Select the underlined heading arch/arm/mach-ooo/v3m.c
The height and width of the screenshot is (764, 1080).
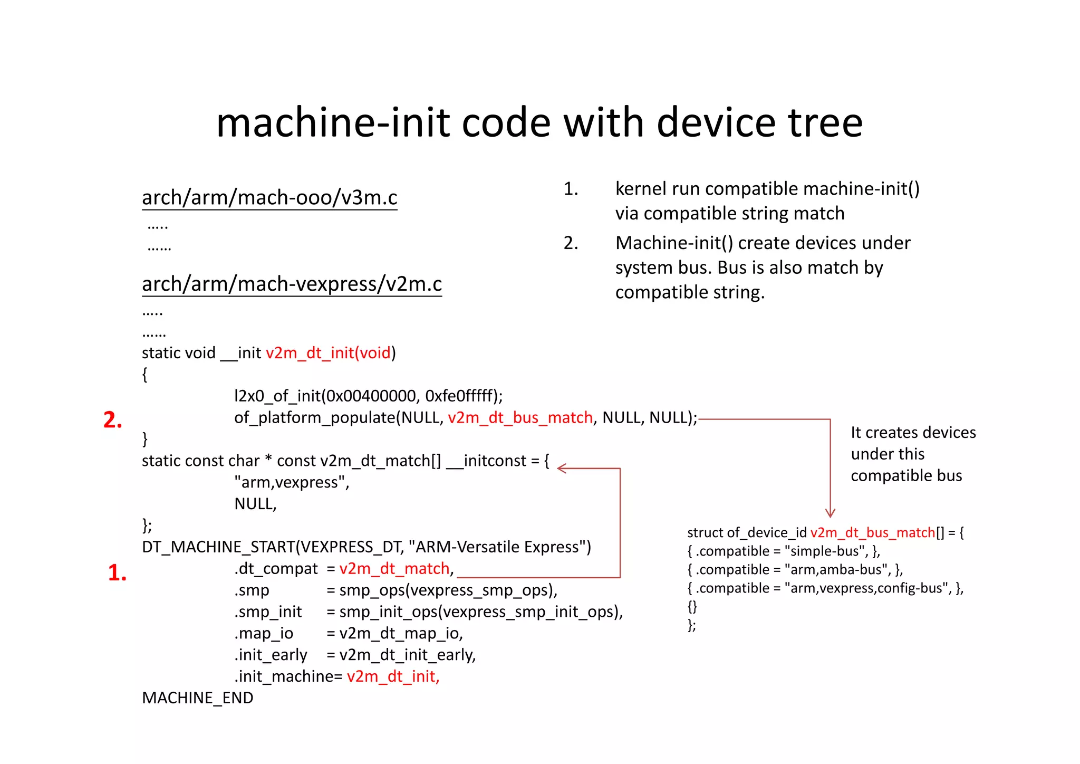(269, 197)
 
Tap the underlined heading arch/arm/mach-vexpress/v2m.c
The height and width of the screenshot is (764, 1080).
(292, 284)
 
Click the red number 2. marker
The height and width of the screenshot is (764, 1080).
(113, 420)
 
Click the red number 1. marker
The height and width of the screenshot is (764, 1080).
(117, 573)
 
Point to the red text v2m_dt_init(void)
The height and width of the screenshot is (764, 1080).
(329, 352)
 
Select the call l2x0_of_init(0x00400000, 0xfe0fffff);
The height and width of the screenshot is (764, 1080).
(368, 396)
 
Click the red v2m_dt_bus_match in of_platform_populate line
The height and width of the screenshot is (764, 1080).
(520, 418)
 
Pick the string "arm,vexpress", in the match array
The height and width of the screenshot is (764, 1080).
(292, 482)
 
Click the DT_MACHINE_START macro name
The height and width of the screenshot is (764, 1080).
(217, 547)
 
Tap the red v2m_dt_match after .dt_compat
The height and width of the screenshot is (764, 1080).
(394, 569)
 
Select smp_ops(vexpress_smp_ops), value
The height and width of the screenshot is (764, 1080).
(448, 590)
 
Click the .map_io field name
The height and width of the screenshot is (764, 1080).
(264, 633)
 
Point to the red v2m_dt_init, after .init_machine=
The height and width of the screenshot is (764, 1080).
(393, 676)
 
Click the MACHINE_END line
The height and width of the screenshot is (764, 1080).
(198, 698)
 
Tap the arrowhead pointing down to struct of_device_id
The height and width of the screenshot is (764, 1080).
(830, 513)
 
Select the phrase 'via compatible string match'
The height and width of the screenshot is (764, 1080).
(730, 213)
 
